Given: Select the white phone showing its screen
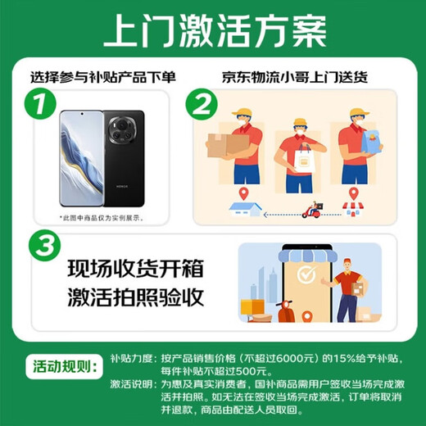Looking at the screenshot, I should pos(82,159).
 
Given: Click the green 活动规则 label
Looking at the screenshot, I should pos(56,363).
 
